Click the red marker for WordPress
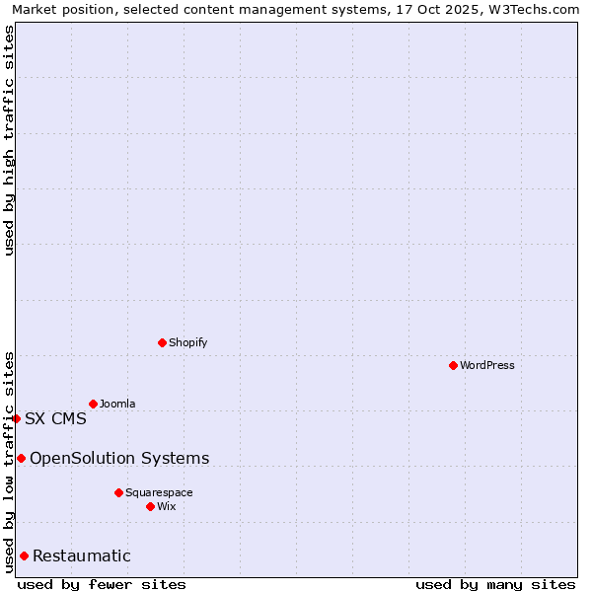tap(453, 365)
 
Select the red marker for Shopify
tap(162, 342)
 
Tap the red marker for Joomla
tap(93, 404)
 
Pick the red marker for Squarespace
tap(118, 492)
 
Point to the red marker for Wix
tap(150, 506)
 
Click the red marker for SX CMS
tap(16, 418)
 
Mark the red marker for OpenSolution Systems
tap(21, 458)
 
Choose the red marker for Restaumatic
tap(24, 555)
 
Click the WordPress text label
tap(487, 365)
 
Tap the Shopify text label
tap(187, 342)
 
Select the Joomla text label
tap(117, 404)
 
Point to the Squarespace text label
tap(159, 492)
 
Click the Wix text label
tap(166, 506)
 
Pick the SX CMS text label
tap(55, 418)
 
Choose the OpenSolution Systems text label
tap(119, 458)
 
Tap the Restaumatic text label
tap(82, 555)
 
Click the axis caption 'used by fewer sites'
tap(102, 584)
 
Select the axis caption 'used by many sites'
tap(495, 584)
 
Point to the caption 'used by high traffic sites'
tap(9, 141)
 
